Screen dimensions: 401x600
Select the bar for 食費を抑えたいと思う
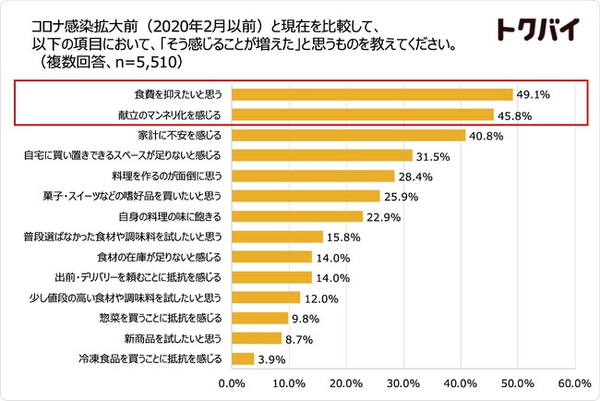coord(372,94)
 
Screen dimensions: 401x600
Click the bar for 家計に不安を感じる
coord(348,135)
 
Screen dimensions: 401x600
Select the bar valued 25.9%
coord(306,196)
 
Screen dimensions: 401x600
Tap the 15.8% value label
coord(343,237)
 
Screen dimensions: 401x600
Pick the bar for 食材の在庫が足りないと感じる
coord(271,257)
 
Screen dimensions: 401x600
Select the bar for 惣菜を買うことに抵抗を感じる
coord(259,318)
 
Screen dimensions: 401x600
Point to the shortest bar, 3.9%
coord(243,358)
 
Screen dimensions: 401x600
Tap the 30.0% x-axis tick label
coord(402,382)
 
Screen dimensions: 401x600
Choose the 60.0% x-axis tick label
coord(573,382)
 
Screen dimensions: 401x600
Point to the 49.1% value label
coord(534,94)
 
